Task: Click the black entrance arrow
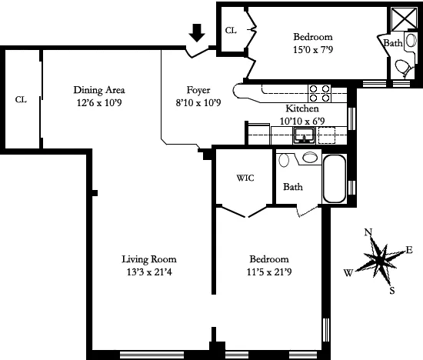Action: [198, 32]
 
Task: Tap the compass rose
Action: [379, 258]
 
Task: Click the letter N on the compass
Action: [368, 233]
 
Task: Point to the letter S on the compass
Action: [391, 290]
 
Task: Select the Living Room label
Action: [154, 259]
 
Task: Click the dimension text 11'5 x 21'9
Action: [268, 272]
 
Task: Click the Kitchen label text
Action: [280, 109]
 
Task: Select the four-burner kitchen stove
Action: [319, 92]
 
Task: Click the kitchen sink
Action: [305, 137]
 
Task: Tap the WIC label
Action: [244, 178]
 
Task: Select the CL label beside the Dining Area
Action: [21, 99]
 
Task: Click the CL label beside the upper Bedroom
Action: [230, 31]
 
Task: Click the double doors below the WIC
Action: [245, 210]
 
